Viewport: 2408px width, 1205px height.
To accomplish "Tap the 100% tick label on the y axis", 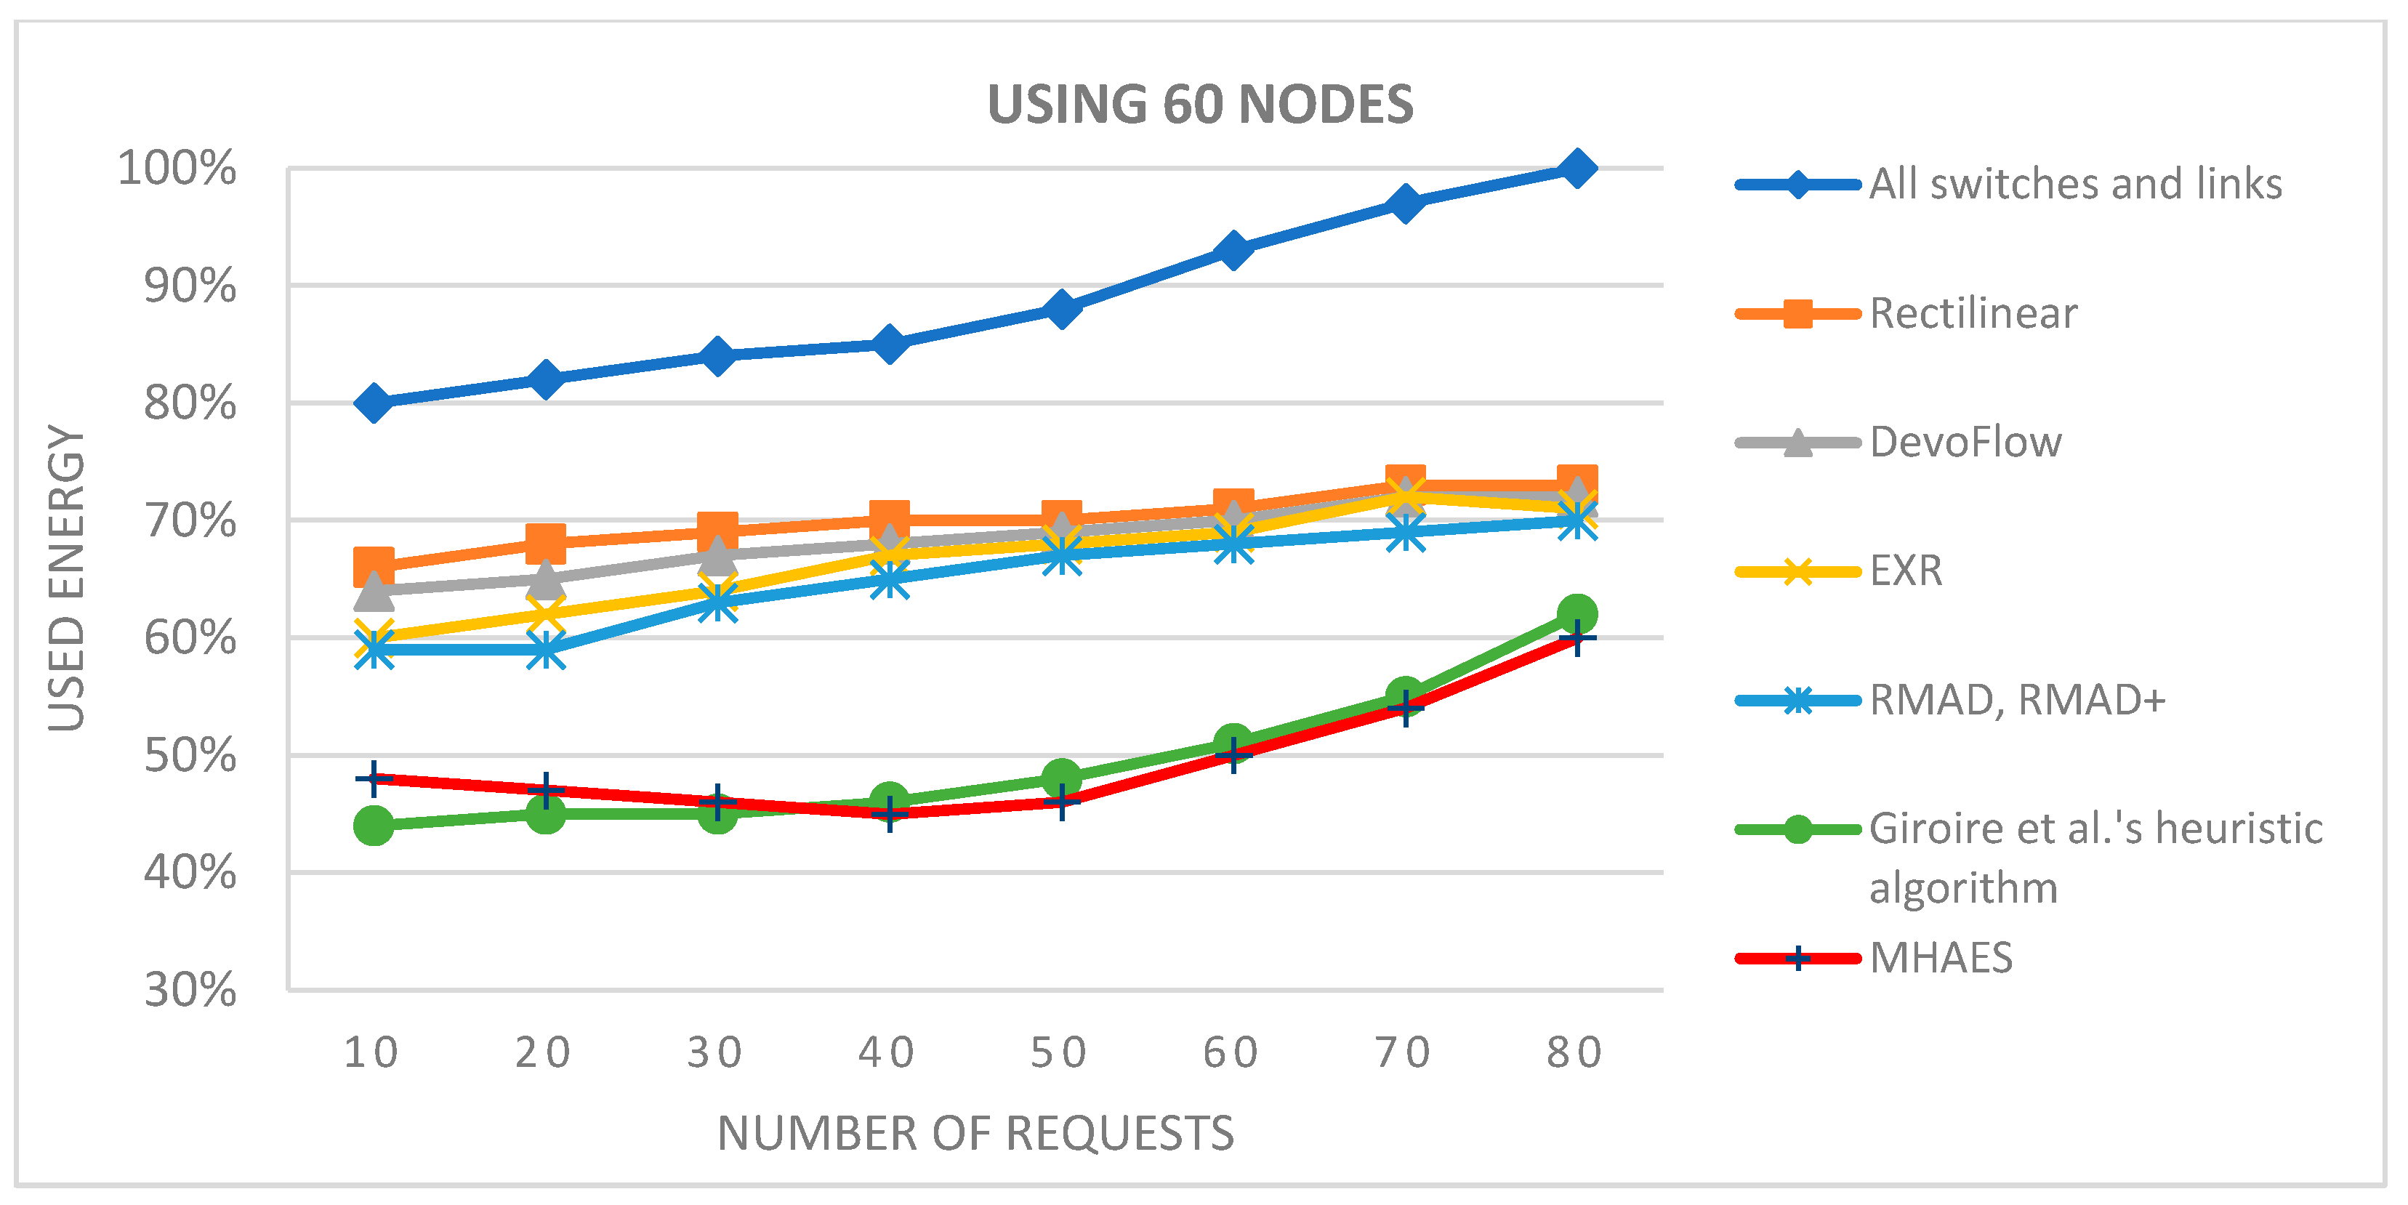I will coord(177,169).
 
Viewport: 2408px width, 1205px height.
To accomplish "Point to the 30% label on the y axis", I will coord(190,990).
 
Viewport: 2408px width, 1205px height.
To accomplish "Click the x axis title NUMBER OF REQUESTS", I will coord(975,1133).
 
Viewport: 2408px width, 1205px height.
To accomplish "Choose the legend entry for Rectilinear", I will coord(1973,313).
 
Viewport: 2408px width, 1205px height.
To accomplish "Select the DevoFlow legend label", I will coord(1965,442).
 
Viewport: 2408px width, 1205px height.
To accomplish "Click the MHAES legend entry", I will coord(1941,958).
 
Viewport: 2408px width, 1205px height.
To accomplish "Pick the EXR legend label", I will coord(1905,571).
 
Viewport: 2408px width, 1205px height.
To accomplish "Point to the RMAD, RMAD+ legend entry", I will coord(2016,700).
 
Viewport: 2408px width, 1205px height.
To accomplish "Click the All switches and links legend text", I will coord(2075,184).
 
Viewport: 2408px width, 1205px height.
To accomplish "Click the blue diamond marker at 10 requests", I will coord(374,403).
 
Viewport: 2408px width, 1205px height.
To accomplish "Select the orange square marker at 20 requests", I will coord(546,542).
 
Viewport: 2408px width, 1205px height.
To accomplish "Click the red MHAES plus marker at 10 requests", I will coord(374,778).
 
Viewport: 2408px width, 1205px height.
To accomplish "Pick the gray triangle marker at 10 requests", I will coord(374,589).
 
